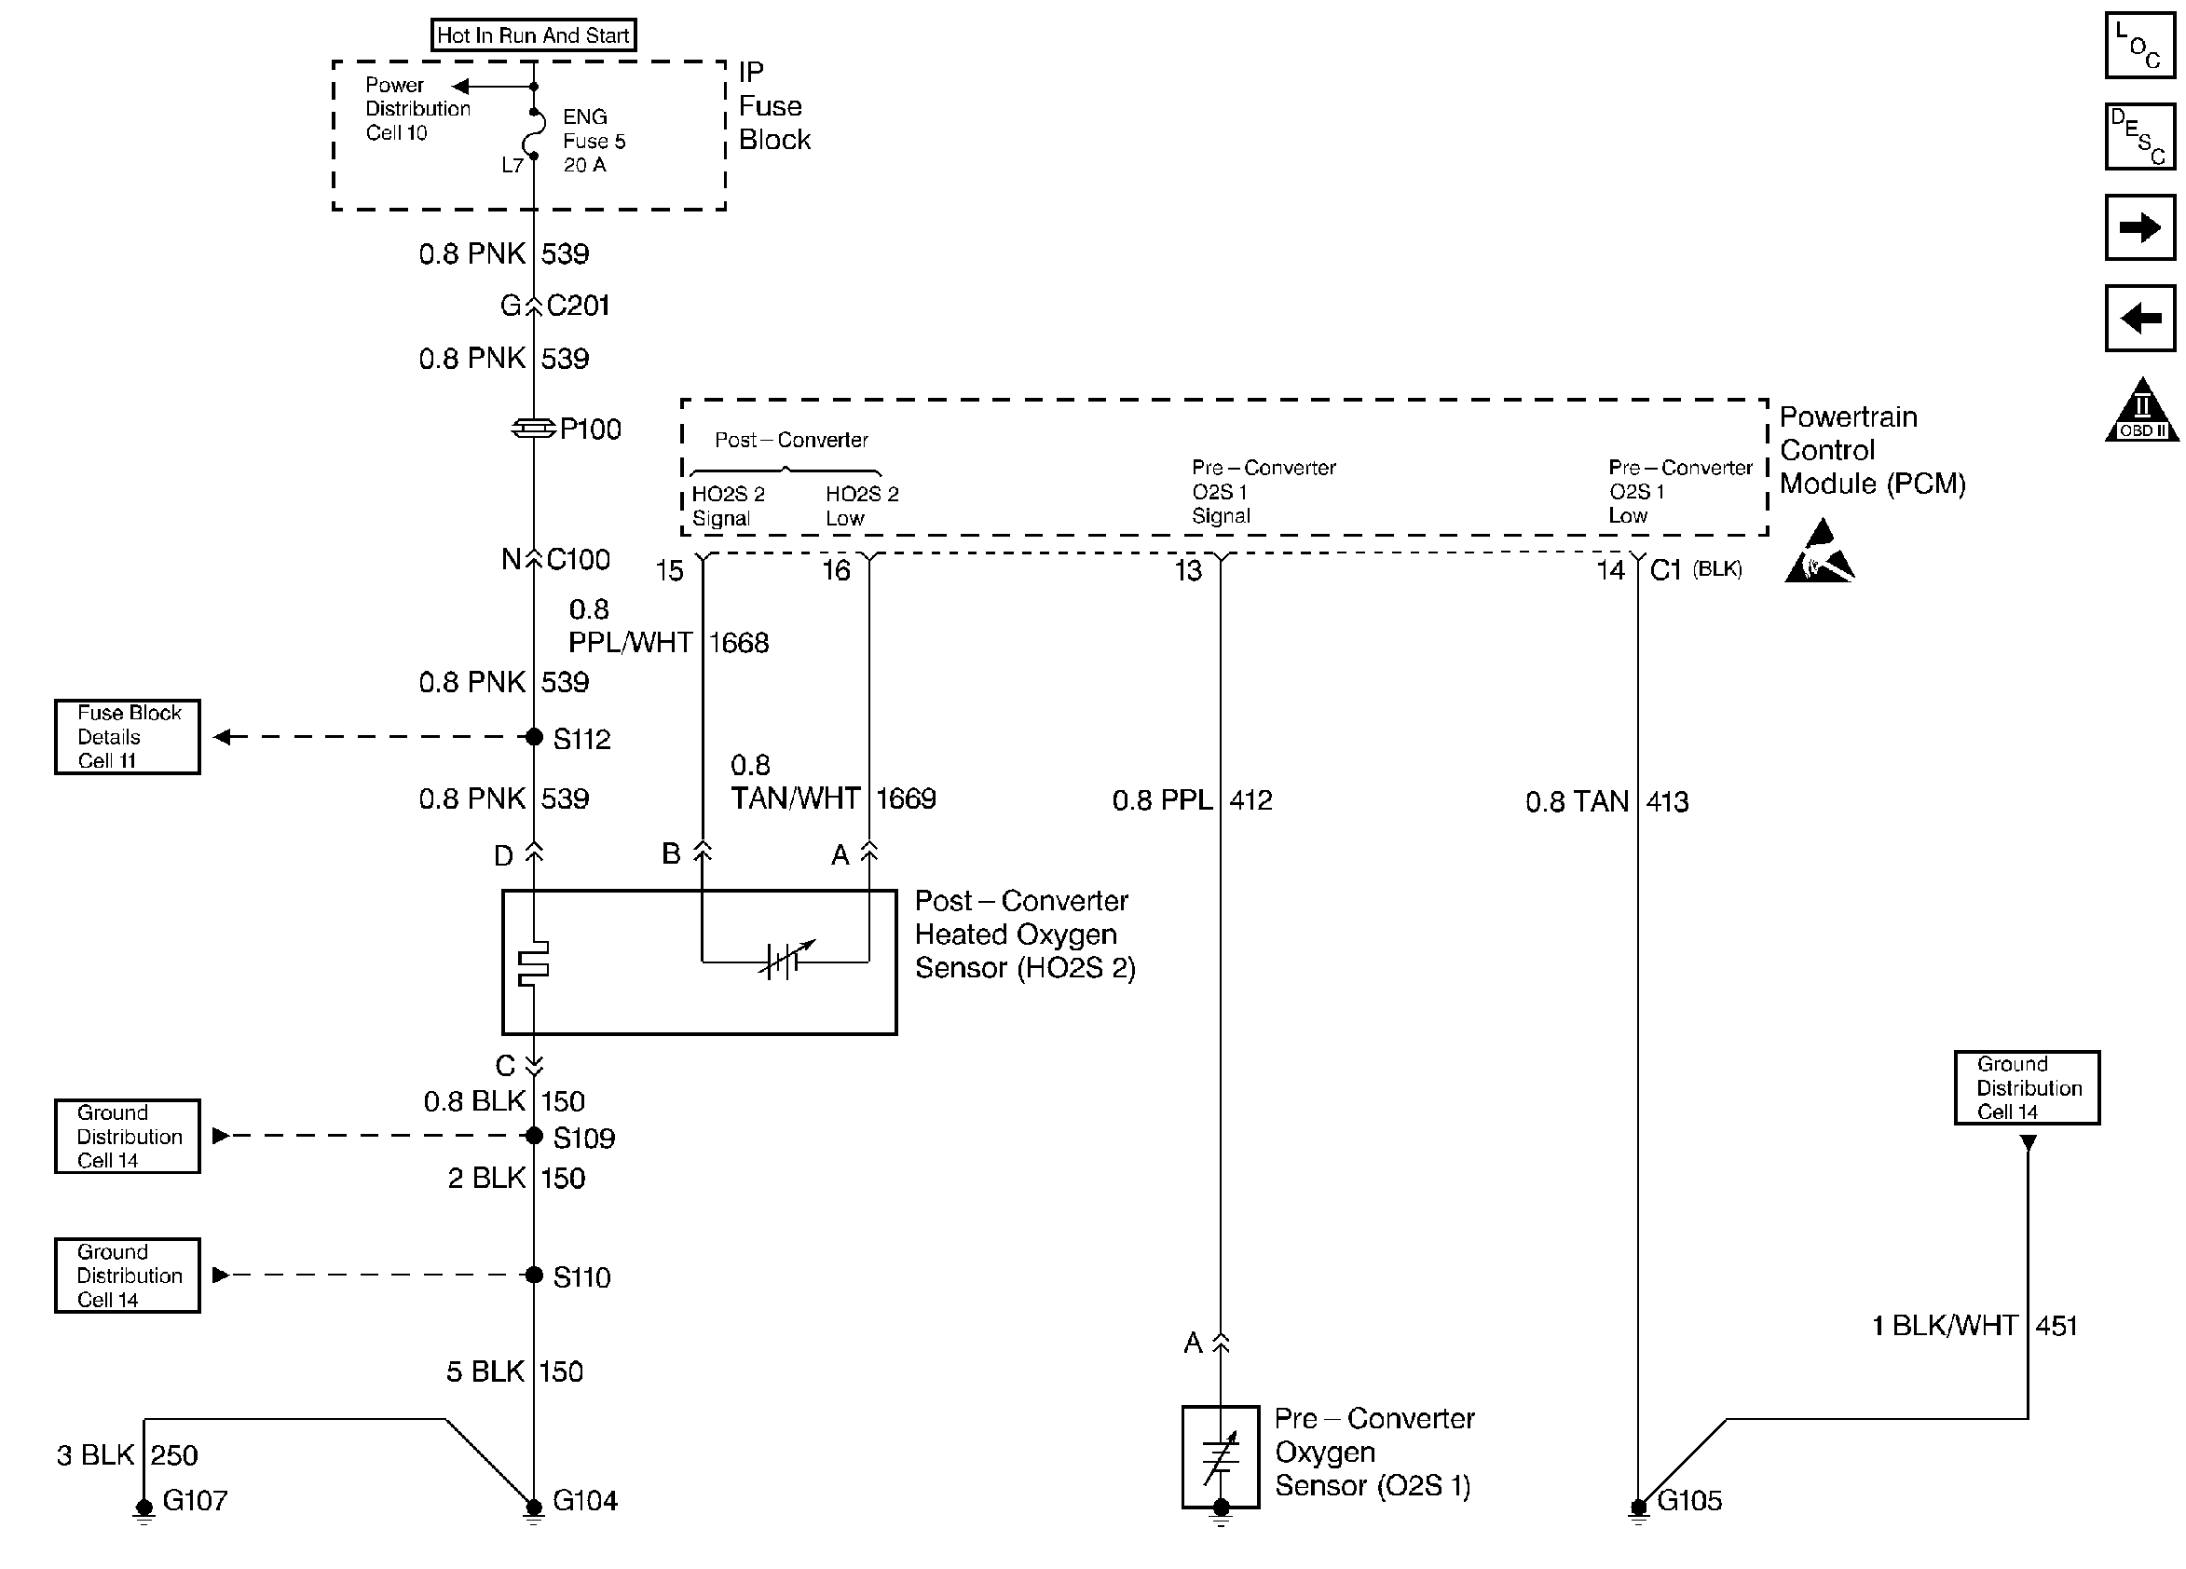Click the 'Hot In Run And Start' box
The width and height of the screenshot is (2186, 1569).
533,35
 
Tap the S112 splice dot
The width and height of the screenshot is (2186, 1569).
534,737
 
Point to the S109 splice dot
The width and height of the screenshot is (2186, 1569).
534,1137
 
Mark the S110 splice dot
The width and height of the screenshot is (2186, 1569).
534,1276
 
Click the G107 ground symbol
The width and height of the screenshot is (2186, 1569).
143,1508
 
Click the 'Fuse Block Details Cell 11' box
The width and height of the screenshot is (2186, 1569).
128,737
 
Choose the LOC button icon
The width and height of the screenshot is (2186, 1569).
2139,46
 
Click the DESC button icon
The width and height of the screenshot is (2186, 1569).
2139,137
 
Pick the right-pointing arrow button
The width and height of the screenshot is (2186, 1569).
2139,227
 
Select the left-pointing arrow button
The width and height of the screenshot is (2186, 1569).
2139,318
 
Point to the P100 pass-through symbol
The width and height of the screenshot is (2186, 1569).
533,428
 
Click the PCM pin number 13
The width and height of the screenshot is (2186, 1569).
1188,570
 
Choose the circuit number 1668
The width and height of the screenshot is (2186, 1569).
738,643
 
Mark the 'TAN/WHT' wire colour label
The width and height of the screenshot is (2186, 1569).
794,799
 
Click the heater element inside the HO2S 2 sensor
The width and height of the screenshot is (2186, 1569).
534,962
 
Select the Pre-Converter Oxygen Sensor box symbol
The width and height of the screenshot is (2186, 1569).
1221,1456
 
